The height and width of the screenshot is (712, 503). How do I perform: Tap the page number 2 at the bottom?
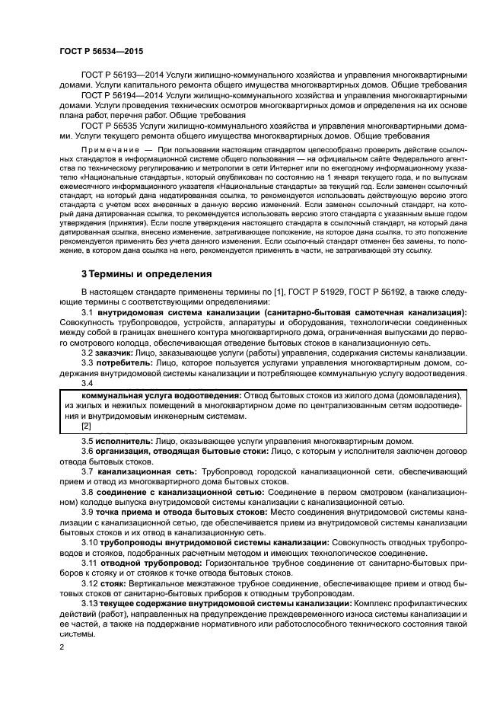[x=62, y=646]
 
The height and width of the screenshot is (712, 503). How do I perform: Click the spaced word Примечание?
[x=111, y=146]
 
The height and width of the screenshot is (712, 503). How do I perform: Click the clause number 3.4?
[x=88, y=383]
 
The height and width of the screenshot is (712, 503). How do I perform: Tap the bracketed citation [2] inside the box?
[x=86, y=426]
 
